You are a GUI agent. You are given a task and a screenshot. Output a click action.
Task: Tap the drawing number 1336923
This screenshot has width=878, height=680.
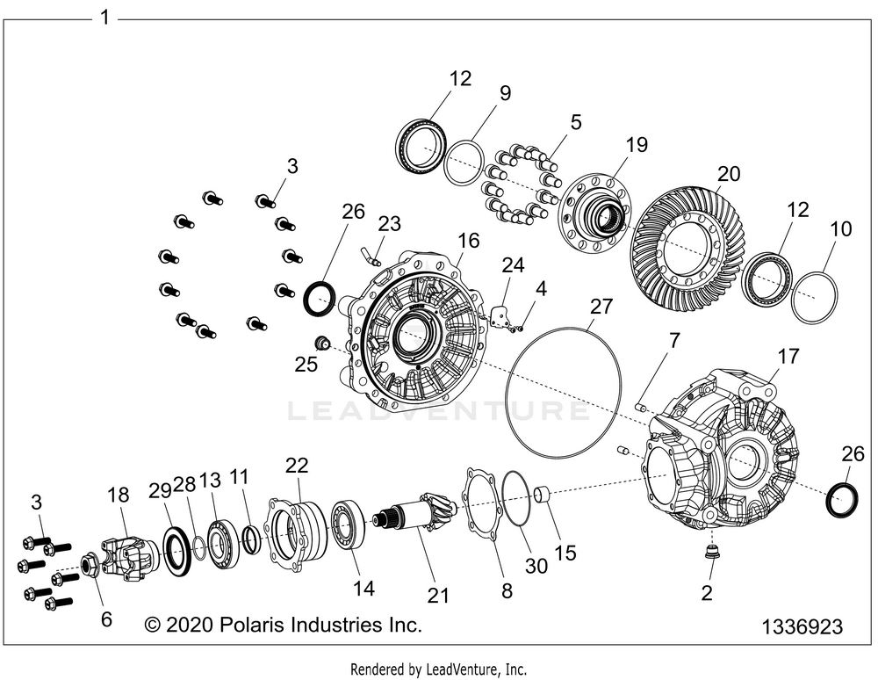[x=802, y=627]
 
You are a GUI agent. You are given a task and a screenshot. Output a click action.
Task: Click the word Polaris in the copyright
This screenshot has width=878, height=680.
[x=258, y=625]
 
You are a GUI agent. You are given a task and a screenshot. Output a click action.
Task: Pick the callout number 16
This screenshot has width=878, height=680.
[x=469, y=241]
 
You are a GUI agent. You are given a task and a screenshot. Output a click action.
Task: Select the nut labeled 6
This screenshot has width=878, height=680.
[x=90, y=565]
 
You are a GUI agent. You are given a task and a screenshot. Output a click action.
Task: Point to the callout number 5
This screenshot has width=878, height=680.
[x=576, y=123]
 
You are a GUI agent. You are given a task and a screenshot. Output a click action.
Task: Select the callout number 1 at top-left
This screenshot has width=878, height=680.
[x=105, y=18]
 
